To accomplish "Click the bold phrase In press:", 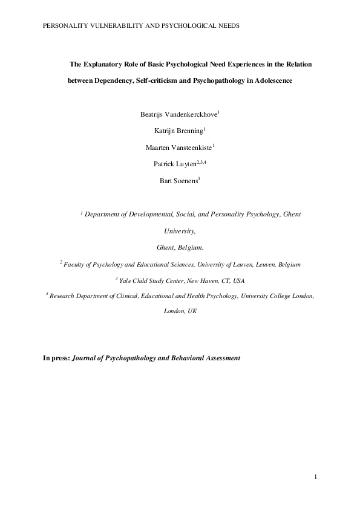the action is pos(56,358).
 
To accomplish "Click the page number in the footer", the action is pos(315,478).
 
